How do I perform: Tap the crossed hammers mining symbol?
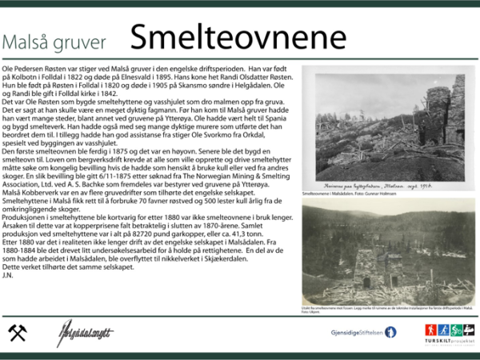(x=17, y=333)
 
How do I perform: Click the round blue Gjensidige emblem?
(x=390, y=332)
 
